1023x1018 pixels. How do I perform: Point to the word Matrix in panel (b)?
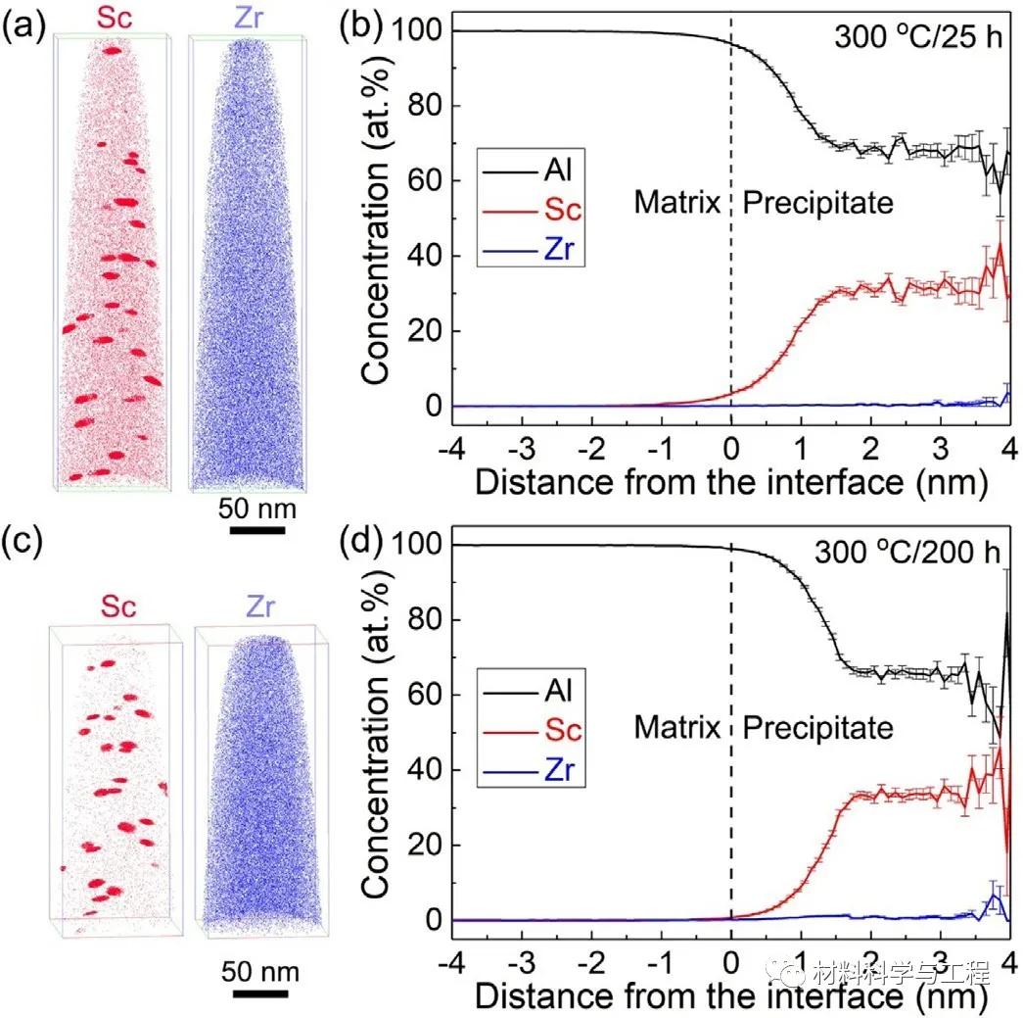(x=677, y=202)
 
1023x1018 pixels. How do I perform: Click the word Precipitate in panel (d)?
(x=818, y=727)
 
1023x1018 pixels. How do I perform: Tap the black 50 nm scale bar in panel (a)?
(x=257, y=531)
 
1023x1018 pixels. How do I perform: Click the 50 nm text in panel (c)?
(x=259, y=973)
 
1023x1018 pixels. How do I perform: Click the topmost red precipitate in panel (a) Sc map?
(x=113, y=50)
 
